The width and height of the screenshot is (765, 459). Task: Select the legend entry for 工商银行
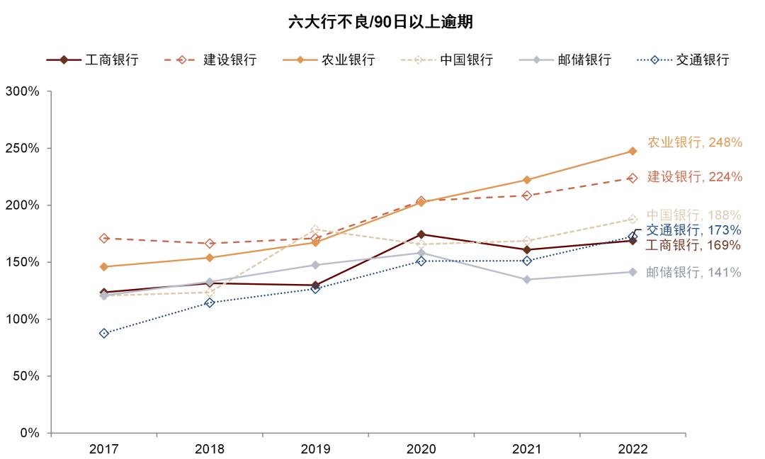click(93, 60)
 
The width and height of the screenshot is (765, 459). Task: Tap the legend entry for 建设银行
click(211, 60)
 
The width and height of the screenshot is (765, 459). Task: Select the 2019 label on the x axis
click(315, 449)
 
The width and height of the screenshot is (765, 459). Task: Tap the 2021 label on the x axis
click(526, 449)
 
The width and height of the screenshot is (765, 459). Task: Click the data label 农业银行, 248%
click(694, 142)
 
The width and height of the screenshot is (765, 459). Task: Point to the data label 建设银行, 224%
click(694, 176)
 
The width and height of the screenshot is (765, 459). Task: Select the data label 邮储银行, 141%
click(693, 272)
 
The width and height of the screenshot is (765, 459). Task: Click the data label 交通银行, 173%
click(693, 230)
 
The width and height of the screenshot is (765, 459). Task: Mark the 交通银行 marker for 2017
click(104, 333)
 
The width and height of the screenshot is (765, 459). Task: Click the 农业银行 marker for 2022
click(633, 151)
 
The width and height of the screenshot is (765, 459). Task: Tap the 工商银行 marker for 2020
click(421, 234)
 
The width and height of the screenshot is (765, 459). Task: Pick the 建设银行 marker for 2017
click(104, 239)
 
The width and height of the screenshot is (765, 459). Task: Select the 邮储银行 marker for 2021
click(527, 280)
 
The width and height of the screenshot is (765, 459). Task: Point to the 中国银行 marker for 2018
click(210, 292)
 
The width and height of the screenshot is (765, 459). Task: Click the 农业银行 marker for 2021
click(527, 180)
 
